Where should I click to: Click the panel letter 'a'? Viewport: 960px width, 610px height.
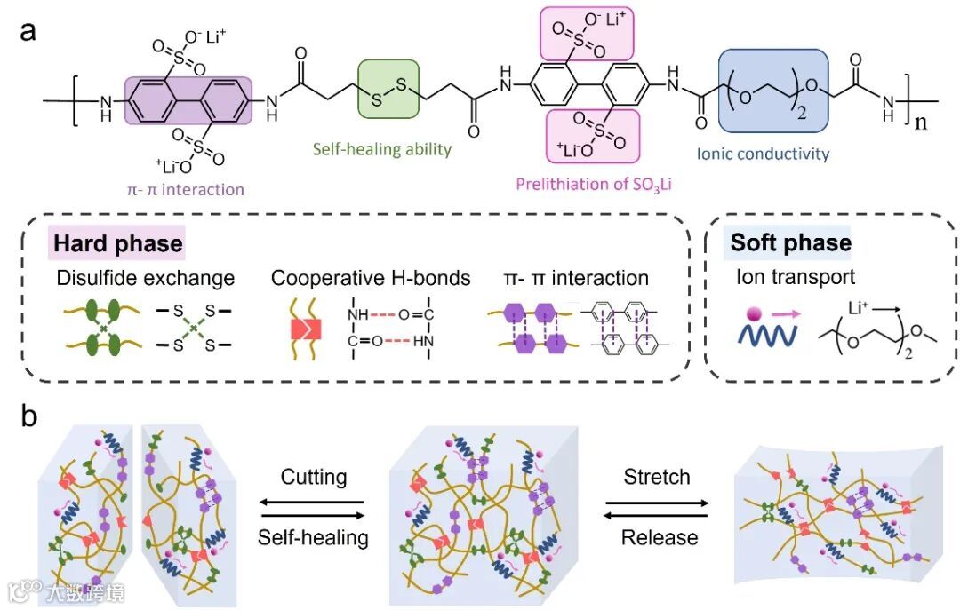(x=28, y=32)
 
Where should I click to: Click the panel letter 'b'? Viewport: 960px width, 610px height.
(x=28, y=416)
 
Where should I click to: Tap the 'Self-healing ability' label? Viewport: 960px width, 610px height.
(x=381, y=149)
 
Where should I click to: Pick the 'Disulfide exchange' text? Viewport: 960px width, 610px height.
(x=144, y=278)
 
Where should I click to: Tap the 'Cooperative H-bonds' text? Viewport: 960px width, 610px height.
(x=371, y=278)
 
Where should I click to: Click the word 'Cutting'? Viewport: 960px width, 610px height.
(x=314, y=477)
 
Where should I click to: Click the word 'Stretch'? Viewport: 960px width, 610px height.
(x=657, y=477)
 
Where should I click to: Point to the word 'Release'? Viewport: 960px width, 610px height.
(x=659, y=537)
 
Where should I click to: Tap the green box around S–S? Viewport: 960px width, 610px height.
(x=388, y=89)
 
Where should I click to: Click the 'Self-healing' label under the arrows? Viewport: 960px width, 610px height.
(x=314, y=537)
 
